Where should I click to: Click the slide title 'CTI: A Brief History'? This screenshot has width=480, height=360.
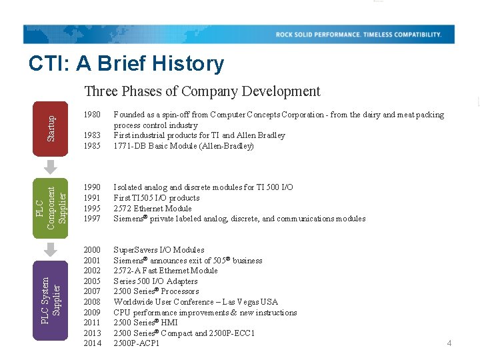(126, 64)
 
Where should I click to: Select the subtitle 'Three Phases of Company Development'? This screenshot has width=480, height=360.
(202, 91)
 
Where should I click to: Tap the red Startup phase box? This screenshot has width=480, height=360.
(51, 119)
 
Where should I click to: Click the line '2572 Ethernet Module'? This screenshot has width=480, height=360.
(153, 209)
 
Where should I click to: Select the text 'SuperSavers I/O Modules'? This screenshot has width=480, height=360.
(159, 250)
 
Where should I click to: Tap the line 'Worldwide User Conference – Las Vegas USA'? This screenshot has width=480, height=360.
(196, 302)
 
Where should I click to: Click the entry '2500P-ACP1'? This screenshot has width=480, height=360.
(137, 343)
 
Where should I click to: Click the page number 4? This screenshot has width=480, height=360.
(449, 343)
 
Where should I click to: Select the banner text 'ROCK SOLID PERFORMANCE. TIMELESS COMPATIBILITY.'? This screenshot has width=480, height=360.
(359, 35)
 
